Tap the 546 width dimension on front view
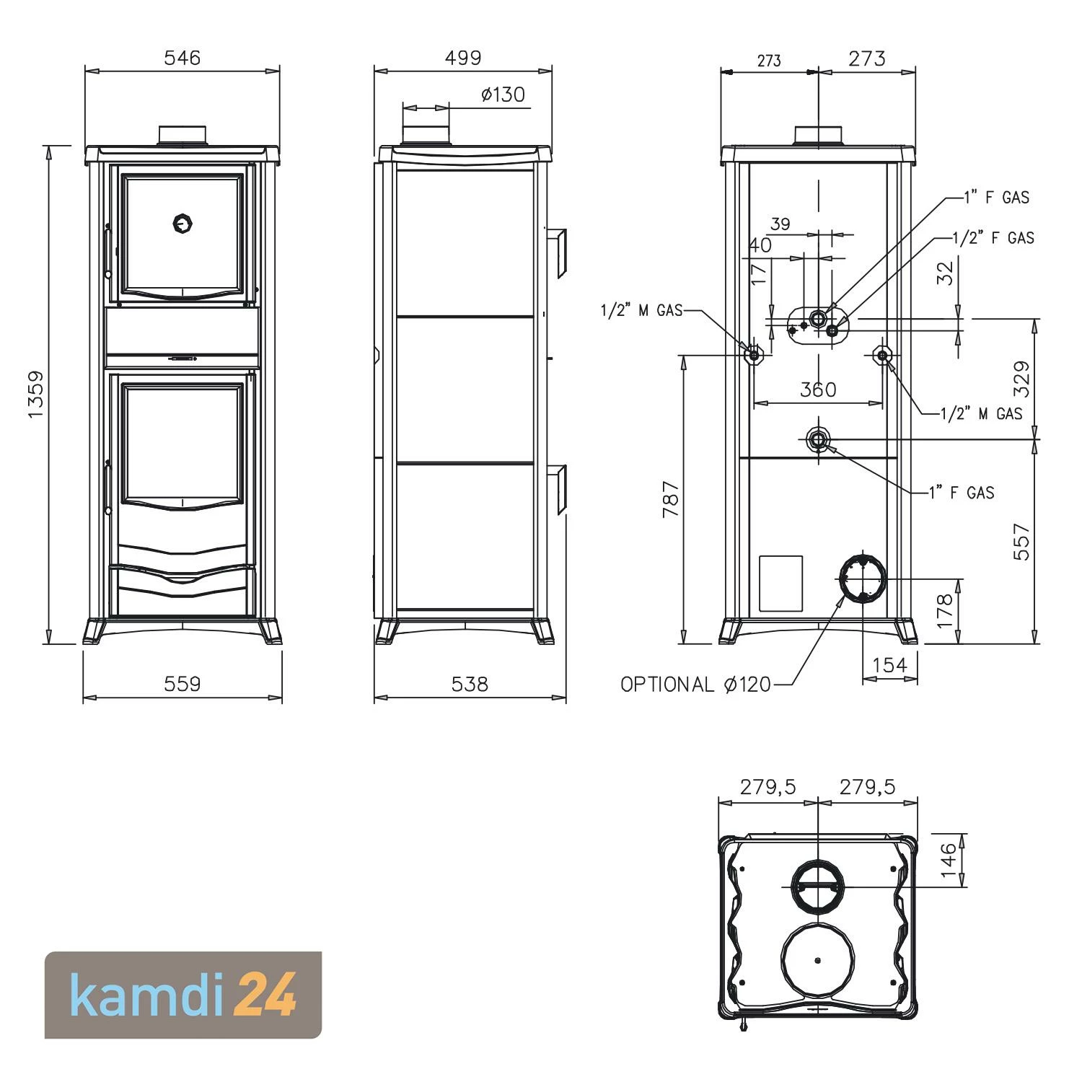[x=182, y=58]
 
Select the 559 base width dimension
[x=182, y=683]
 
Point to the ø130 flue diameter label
[x=503, y=94]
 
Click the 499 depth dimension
[x=462, y=58]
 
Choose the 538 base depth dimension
[x=470, y=683]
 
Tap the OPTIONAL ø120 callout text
[x=695, y=684]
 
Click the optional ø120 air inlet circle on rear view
[x=863, y=578]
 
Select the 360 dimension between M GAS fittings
[x=818, y=390]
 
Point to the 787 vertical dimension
[x=671, y=498]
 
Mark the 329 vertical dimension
[x=1022, y=379]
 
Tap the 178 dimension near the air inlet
[x=945, y=610]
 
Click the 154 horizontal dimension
[x=889, y=664]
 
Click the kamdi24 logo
[x=183, y=995]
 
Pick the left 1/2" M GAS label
[x=641, y=310]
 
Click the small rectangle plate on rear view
[x=780, y=583]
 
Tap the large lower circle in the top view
[x=817, y=959]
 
